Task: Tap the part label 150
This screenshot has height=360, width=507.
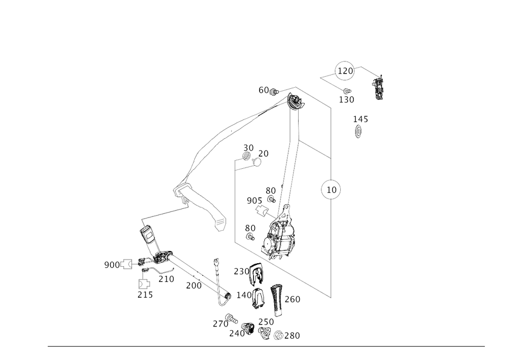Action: [x=347, y=99]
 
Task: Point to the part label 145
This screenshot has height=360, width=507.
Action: [x=360, y=120]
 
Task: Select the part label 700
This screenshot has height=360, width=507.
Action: [x=193, y=286]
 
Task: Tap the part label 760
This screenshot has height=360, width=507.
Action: [x=294, y=300]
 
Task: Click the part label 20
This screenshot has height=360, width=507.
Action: [x=248, y=148]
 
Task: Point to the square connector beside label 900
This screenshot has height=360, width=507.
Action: [x=127, y=264]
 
